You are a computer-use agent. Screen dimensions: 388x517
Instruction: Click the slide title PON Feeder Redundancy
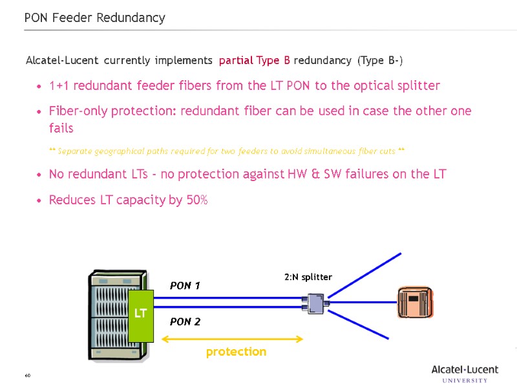tap(94, 18)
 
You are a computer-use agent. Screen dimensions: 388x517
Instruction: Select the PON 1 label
tap(185, 286)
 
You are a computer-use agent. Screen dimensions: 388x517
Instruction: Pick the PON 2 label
tap(185, 321)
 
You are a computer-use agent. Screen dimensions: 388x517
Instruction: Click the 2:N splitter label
tap(308, 277)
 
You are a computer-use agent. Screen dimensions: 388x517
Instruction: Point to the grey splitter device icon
tap(317, 303)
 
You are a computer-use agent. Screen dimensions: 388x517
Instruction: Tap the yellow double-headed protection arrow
tap(232, 338)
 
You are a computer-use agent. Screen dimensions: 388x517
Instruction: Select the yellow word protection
tap(236, 352)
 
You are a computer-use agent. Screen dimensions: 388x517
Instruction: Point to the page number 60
tap(28, 376)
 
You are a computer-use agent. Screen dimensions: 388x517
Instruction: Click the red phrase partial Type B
tap(254, 61)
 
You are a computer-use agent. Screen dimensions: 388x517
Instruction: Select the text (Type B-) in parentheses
tap(380, 61)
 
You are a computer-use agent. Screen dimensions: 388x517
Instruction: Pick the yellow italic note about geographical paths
tap(227, 151)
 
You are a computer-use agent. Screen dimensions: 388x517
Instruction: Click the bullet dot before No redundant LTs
tap(41, 175)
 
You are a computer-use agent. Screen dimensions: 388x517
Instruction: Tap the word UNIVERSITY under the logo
tap(465, 380)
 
